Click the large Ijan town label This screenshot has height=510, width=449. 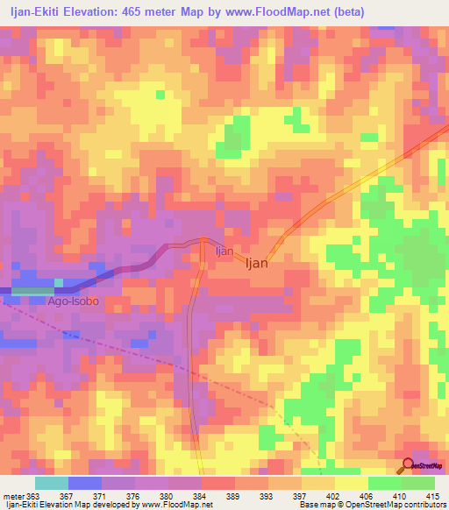point(256,262)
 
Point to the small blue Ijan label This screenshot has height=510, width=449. point(224,251)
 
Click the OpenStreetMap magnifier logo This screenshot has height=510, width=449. point(410,464)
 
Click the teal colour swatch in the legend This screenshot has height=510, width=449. point(52,483)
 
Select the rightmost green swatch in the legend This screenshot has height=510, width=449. point(418,483)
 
